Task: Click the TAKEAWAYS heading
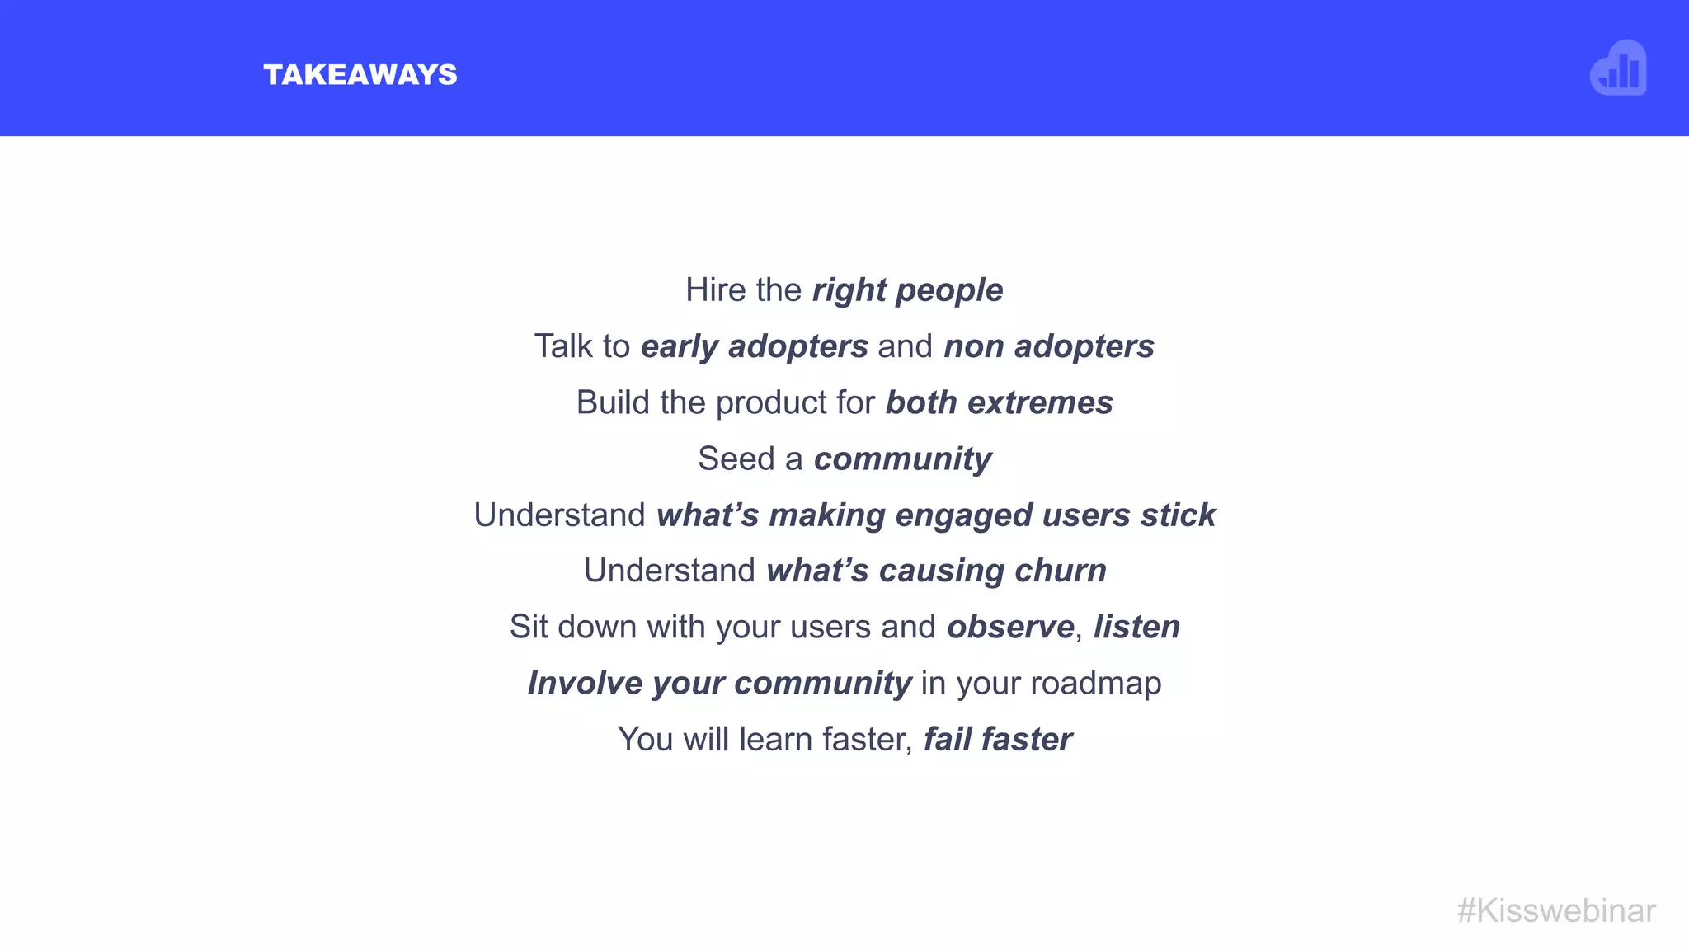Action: click(360, 75)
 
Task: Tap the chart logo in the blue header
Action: click(1618, 68)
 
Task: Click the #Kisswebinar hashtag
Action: click(1556, 910)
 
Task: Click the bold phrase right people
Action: click(907, 290)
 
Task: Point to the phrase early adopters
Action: click(754, 346)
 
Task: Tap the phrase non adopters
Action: click(1048, 346)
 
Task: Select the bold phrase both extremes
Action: click(999, 402)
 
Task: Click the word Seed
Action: click(736, 459)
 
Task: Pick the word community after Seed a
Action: click(902, 459)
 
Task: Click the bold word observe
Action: click(1009, 627)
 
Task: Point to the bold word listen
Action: click(1136, 627)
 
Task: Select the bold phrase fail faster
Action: click(997, 739)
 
